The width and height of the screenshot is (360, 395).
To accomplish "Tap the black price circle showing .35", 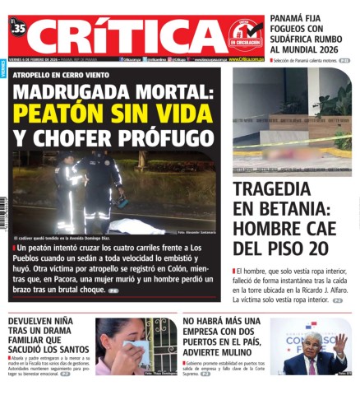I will [18, 28].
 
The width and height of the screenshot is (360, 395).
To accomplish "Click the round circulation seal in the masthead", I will [245, 34].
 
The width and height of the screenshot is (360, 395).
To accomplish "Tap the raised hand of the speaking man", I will [339, 342].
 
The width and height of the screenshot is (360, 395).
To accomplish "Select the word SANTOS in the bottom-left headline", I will [72, 350].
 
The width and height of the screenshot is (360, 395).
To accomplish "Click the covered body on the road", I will [136, 224].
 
